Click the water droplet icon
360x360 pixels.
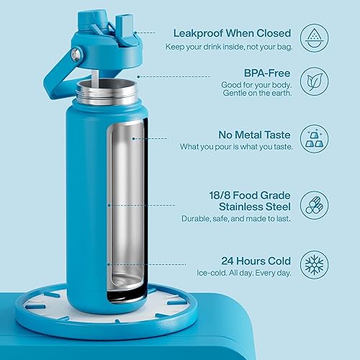tap(312, 36)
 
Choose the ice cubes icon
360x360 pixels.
tap(312, 138)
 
